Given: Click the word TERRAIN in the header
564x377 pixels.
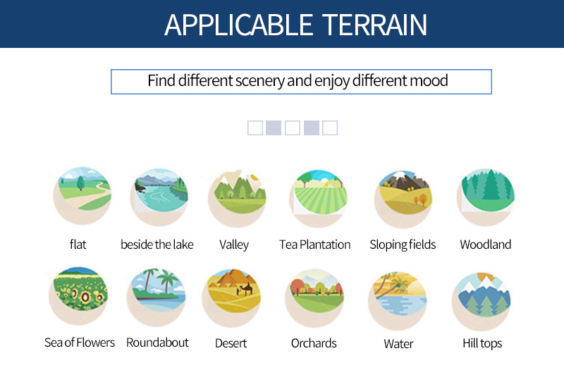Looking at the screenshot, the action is point(374,25).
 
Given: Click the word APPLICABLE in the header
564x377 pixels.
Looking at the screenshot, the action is point(238,25).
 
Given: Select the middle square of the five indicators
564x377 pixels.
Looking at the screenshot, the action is point(293,128).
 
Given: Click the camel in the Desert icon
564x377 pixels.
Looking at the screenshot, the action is point(245,289).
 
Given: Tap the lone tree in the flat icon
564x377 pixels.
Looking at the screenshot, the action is point(80,183).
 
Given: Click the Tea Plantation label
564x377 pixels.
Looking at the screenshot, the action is point(314,245).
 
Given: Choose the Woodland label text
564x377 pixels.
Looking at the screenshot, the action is point(485,245).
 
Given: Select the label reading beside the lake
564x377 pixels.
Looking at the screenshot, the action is point(157,245).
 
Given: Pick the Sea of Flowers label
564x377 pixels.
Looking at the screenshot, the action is point(80,342).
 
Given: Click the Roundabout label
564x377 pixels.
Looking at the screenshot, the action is point(157,342).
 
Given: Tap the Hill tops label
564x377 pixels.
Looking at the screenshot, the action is point(482,344).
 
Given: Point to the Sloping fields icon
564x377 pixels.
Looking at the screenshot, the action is point(403,199).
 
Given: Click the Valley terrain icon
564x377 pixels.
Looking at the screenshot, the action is point(238,198).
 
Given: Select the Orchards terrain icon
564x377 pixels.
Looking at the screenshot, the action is point(314,298).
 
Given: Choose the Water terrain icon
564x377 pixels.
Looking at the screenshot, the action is point(398,300).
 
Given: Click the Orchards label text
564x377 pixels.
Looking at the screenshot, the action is point(314,343).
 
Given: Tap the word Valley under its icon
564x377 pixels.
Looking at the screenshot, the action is point(234,245).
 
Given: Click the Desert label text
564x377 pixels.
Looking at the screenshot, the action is point(231,343).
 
